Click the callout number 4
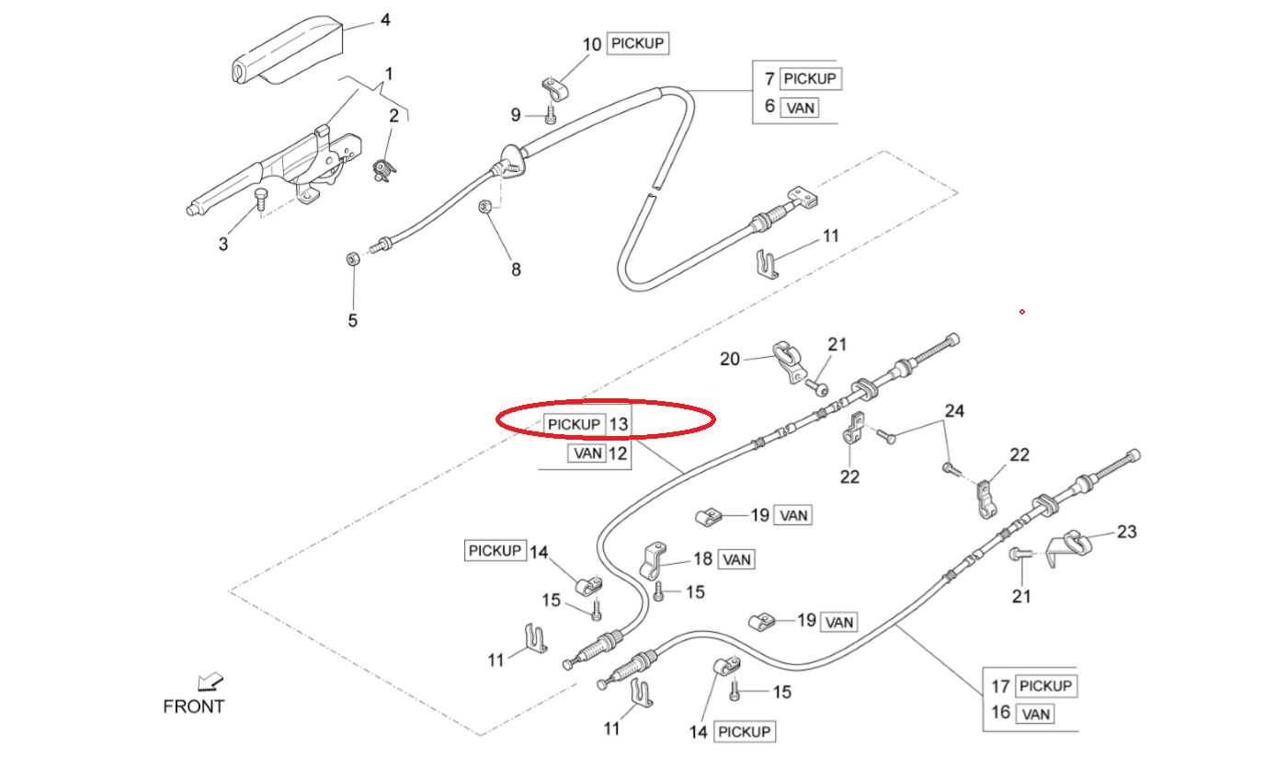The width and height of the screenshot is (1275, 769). tap(385, 18)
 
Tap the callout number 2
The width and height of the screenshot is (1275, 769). tap(393, 115)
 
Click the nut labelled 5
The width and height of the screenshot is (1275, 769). tap(352, 258)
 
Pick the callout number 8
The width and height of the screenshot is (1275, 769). tap(516, 270)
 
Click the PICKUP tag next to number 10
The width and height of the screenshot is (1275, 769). tap(637, 43)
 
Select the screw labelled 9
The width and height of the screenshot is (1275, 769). tap(550, 116)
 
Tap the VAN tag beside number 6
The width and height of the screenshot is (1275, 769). tap(799, 108)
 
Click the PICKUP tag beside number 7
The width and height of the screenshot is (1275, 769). tap(811, 78)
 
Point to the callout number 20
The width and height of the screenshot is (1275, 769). tap(729, 359)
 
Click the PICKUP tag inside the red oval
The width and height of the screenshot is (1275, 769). tap(574, 424)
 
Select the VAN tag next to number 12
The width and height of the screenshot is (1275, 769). tap(587, 453)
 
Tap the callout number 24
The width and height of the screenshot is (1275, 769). tap(954, 411)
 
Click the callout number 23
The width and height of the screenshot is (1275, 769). tap(1126, 531)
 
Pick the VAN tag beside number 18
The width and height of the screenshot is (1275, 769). tap(736, 558)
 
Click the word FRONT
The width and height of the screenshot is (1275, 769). tap(193, 706)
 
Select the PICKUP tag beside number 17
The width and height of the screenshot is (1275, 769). tap(1046, 685)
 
